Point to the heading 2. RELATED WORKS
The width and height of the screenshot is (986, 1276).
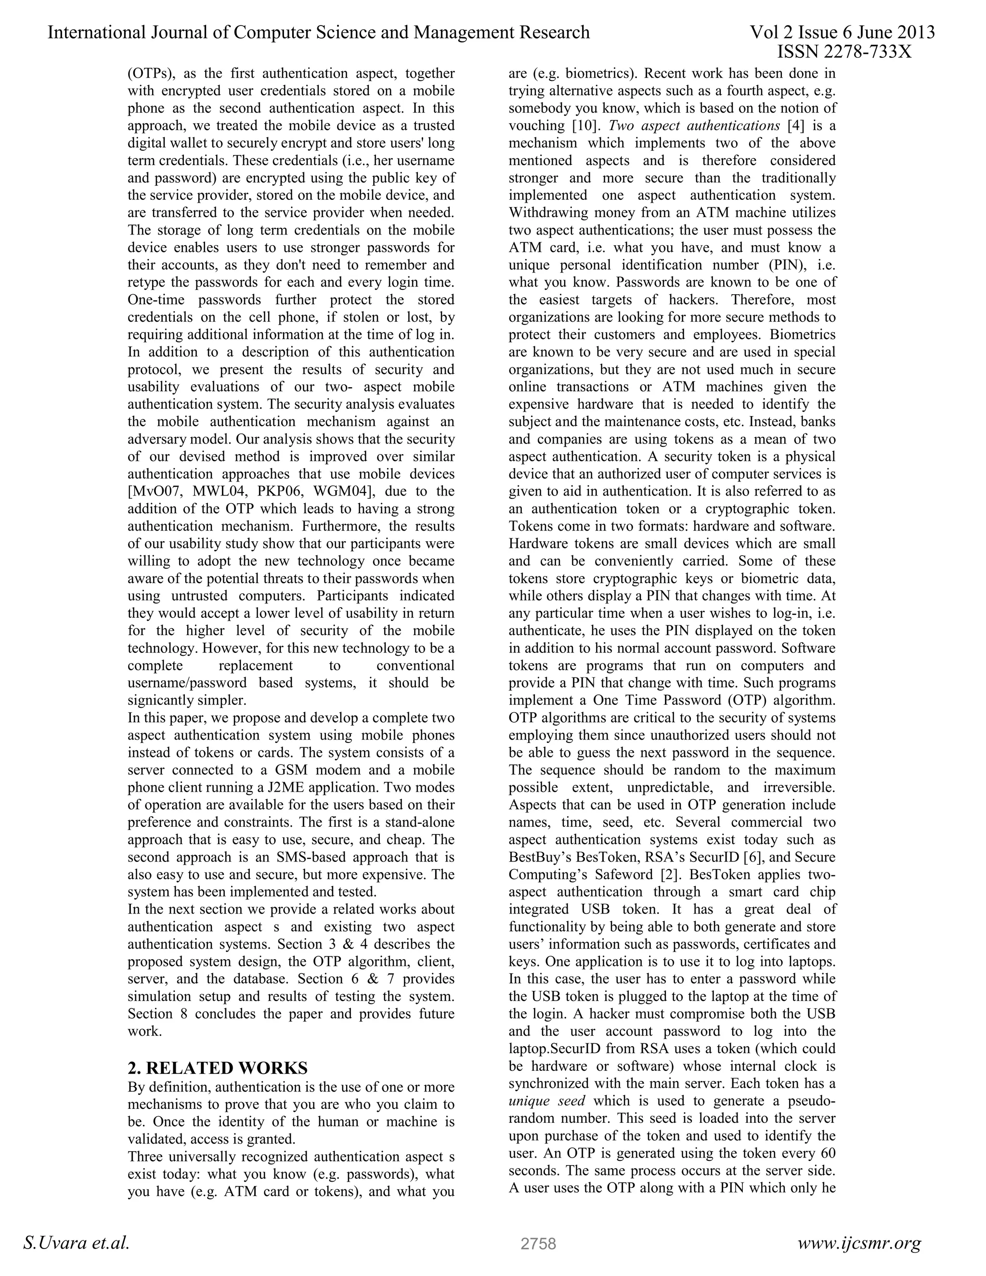(217, 1068)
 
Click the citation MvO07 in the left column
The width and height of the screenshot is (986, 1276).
(154, 491)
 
